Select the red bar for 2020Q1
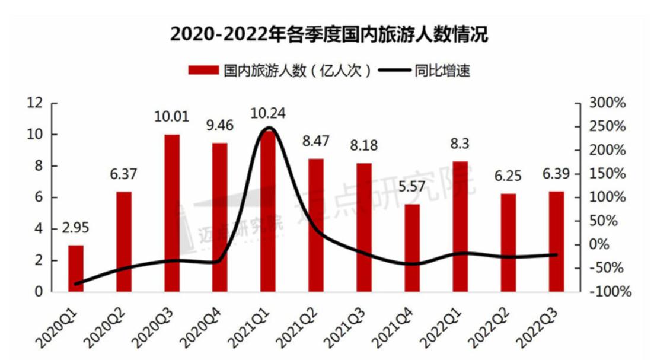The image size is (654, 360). coord(76,268)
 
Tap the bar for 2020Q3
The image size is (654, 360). coord(172,213)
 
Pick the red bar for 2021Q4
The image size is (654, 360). coord(412,248)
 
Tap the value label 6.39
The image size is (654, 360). coord(556,177)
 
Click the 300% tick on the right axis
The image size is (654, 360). coord(607,103)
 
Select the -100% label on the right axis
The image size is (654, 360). coord(605,292)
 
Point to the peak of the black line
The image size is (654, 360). coord(269,128)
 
